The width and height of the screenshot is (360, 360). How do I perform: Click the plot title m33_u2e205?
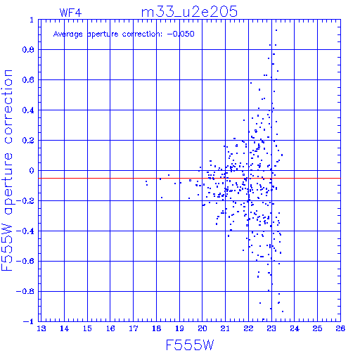[189, 12]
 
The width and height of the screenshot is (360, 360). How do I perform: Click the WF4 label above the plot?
[70, 13]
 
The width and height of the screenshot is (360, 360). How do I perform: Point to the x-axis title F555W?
[190, 345]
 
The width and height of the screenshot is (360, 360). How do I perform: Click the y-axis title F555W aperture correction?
[7, 170]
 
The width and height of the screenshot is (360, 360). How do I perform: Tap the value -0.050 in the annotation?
[181, 34]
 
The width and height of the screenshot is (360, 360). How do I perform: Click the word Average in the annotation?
[68, 34]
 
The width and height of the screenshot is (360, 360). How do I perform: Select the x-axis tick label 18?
[156, 328]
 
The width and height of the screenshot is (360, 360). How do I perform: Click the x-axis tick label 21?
[225, 328]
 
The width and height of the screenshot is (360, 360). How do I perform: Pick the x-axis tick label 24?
[295, 328]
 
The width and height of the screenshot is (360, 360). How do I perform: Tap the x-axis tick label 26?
[340, 328]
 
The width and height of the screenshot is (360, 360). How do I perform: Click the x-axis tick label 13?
[41, 328]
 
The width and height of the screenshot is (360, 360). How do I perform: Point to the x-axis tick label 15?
[87, 328]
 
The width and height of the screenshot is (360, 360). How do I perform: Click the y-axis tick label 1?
[32, 20]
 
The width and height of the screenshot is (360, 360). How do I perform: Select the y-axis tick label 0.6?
[28, 80]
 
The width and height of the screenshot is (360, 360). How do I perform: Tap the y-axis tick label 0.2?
[28, 141]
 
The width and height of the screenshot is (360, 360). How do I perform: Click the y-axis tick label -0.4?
[25, 231]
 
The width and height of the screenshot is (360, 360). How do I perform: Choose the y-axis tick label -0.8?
[25, 292]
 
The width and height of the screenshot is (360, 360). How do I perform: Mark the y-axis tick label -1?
[29, 321]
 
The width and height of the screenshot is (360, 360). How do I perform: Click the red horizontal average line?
[190, 179]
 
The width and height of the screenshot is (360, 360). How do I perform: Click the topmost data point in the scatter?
[276, 30]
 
